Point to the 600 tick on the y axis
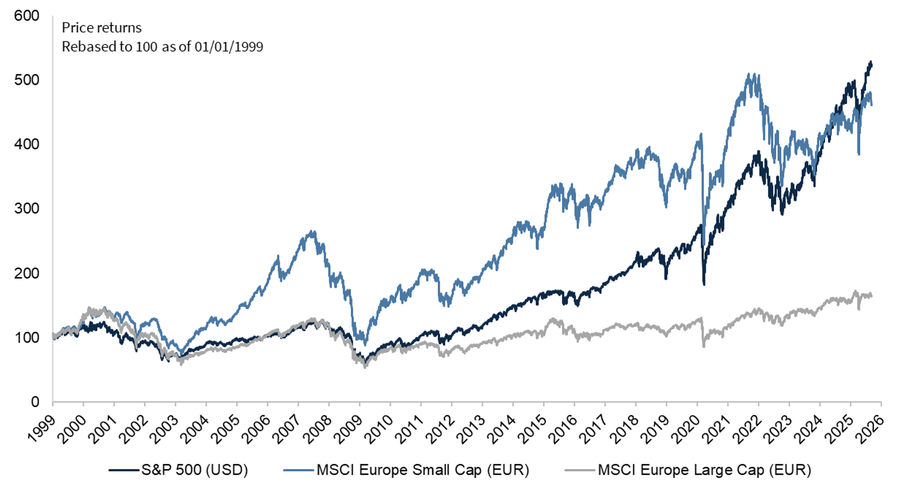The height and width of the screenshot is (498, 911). click(x=27, y=16)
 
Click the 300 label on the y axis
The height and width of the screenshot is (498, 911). click(x=27, y=209)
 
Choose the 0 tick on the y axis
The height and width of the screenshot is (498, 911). click(x=35, y=402)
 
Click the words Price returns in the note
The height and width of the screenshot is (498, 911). click(x=102, y=27)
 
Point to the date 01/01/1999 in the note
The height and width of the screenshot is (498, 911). click(x=229, y=47)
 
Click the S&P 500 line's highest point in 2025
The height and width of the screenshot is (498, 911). click(x=870, y=62)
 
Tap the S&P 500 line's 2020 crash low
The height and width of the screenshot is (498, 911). click(x=704, y=284)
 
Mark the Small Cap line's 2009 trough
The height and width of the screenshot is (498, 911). click(x=365, y=345)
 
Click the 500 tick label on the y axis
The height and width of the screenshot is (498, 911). click(x=27, y=80)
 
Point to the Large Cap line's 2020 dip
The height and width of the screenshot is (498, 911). click(x=704, y=346)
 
